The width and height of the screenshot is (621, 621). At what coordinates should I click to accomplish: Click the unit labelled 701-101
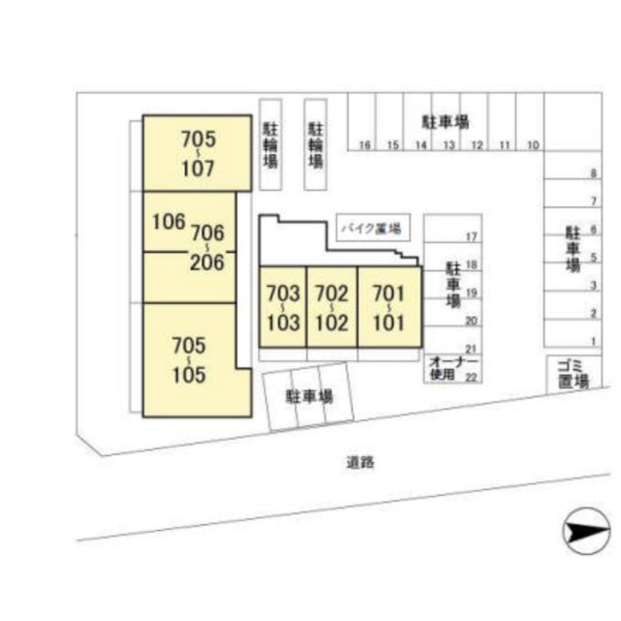389,306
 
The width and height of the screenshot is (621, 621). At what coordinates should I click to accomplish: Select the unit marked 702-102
332,306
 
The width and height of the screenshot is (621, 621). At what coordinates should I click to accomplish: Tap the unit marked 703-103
282,306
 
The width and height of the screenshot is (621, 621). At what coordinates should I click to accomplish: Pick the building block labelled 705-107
197,152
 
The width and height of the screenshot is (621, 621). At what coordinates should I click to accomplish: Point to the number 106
168,221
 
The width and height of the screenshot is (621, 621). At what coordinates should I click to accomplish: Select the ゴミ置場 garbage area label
572,372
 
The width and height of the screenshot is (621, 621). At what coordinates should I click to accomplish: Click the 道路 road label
359,463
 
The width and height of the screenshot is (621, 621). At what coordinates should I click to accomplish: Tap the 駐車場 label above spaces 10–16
445,122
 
